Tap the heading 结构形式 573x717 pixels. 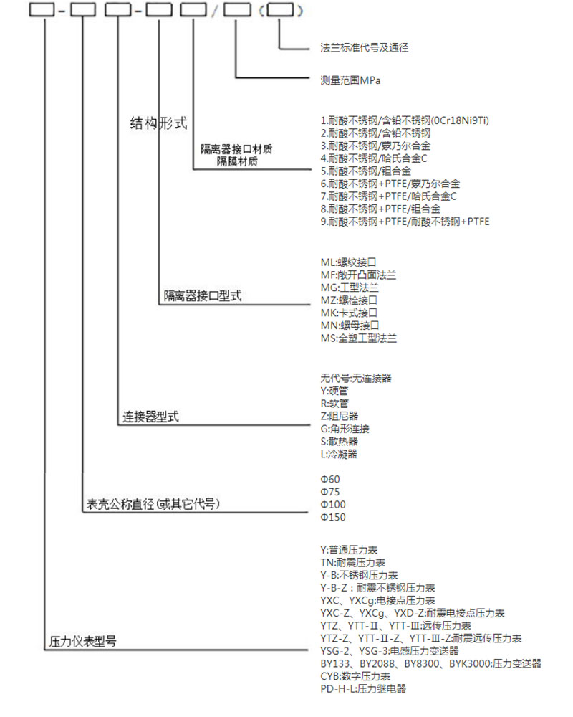pyautogui.click(x=158, y=123)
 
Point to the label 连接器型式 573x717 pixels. pyautogui.click(x=150, y=417)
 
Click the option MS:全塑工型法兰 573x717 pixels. pyautogui.click(x=358, y=337)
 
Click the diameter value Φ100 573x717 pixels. pyautogui.click(x=333, y=504)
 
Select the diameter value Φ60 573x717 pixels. pyautogui.click(x=330, y=478)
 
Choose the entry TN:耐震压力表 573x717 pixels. pyautogui.click(x=353, y=562)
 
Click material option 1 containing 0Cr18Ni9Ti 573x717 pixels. pyautogui.click(x=409, y=120)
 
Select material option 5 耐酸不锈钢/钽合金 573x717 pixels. pyautogui.click(x=365, y=171)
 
